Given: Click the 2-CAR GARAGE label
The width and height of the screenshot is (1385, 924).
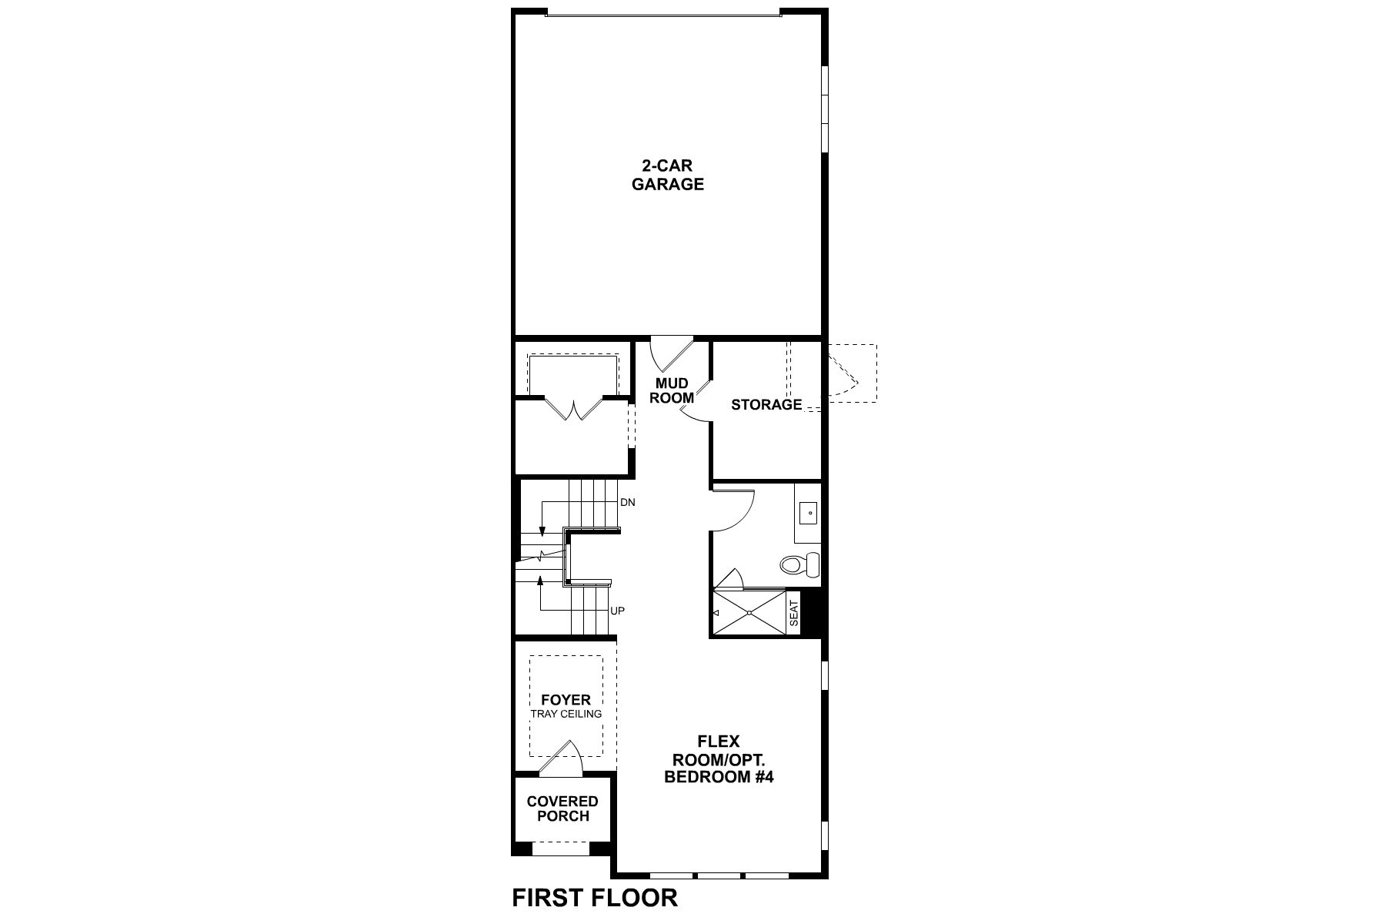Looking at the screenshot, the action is (667, 175).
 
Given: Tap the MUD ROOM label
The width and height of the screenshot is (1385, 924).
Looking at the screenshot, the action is (672, 390).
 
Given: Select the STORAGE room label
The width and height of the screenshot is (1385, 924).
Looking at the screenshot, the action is (766, 404).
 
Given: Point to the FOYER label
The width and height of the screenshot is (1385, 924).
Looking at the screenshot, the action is (566, 700).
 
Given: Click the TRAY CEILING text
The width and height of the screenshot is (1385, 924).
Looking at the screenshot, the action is (566, 714).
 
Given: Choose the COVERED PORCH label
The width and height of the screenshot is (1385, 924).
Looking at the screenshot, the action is (562, 808).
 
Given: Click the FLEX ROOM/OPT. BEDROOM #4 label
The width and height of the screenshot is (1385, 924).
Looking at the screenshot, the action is (718, 759).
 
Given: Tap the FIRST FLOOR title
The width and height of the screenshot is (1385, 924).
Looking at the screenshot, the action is (595, 898).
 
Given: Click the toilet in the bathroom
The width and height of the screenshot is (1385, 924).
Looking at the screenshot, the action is (799, 565).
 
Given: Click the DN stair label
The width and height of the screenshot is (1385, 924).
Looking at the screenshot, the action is (628, 502).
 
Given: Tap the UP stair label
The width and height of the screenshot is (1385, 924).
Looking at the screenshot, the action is (617, 611).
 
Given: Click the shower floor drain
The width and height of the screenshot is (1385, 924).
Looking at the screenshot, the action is (750, 613).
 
